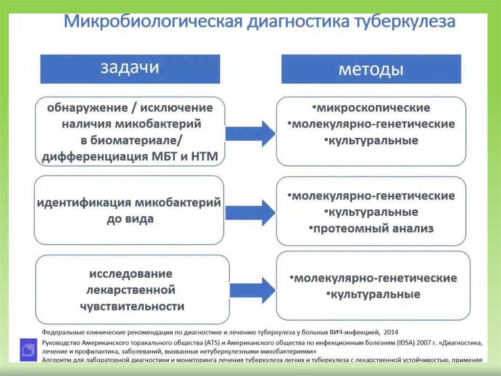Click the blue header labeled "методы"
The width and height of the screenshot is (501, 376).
(x=371, y=69)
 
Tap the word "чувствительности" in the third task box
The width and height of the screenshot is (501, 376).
(x=132, y=306)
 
